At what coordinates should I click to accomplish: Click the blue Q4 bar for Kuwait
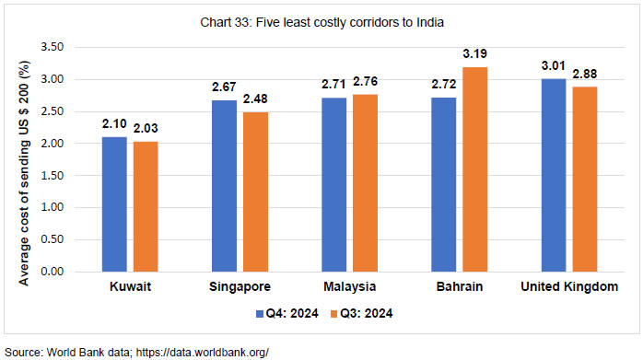point(114,204)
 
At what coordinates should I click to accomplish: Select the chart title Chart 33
point(321,19)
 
